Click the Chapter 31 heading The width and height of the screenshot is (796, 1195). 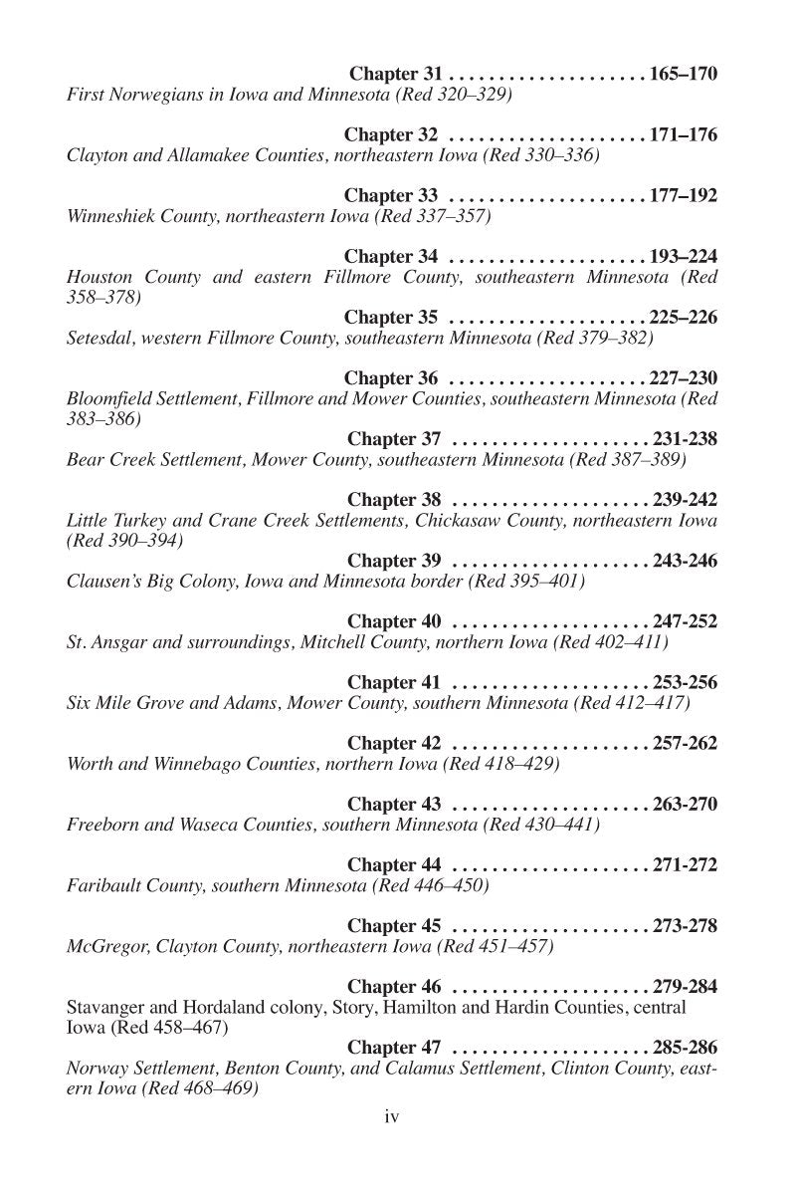pyautogui.click(x=395, y=74)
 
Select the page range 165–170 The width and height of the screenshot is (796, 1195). pyautogui.click(x=683, y=74)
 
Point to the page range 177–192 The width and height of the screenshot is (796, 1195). pyautogui.click(x=683, y=195)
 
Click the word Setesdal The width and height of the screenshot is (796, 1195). pyautogui.click(x=100, y=339)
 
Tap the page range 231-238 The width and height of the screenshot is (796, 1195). pyautogui.click(x=685, y=439)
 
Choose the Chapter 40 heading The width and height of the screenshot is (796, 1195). pyautogui.click(x=394, y=621)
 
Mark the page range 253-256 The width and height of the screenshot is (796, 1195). pyautogui.click(x=685, y=682)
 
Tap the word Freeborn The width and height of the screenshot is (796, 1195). pyautogui.click(x=102, y=825)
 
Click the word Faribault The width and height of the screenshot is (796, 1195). pyautogui.click(x=104, y=885)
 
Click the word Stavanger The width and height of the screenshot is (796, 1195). pyautogui.click(x=107, y=1008)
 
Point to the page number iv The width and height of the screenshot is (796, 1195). pyautogui.click(x=391, y=1117)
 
